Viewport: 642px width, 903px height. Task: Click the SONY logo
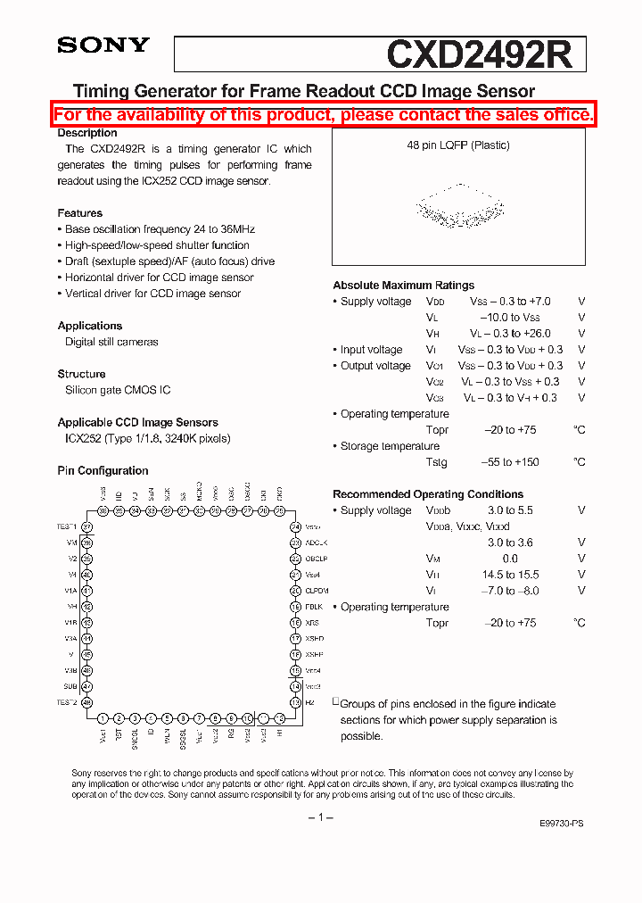tap(103, 46)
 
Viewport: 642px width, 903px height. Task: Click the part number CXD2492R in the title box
tap(479, 54)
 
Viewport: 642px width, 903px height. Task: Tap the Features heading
tap(79, 213)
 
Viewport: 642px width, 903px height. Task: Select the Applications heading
tap(89, 326)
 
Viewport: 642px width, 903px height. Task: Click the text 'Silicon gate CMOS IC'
tap(118, 390)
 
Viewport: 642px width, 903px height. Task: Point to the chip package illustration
tap(459, 211)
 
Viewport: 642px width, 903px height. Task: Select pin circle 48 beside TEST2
tap(87, 703)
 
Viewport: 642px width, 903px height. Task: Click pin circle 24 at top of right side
tap(295, 526)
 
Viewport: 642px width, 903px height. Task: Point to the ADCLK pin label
tap(317, 543)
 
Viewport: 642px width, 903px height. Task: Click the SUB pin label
tap(70, 687)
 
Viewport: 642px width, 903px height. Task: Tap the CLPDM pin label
tap(317, 591)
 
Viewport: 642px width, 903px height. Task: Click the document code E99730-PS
tap(562, 824)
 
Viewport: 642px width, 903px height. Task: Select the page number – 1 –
tap(320, 817)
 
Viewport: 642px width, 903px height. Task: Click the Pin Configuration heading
tap(103, 470)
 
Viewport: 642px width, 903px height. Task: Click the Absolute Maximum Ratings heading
tap(403, 286)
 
